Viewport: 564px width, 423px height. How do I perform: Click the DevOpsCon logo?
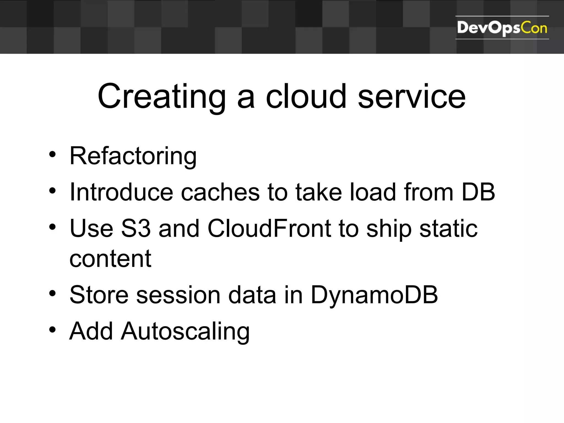click(502, 28)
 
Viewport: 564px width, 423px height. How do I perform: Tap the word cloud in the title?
click(306, 97)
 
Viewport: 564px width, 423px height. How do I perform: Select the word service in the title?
click(411, 97)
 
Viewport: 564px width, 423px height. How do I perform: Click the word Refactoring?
click(133, 156)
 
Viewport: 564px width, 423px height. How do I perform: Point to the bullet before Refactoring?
click(52, 154)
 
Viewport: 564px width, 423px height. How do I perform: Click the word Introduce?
click(121, 192)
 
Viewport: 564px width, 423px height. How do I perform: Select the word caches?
click(220, 192)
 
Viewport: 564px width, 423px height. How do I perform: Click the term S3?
click(136, 228)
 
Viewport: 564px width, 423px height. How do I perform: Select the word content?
click(110, 259)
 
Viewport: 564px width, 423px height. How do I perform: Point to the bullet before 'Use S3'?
click(52, 227)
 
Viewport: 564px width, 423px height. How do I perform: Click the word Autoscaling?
click(185, 332)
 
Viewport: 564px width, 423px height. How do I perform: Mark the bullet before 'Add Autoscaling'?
click(52, 330)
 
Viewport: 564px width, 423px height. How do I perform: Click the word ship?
click(389, 229)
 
